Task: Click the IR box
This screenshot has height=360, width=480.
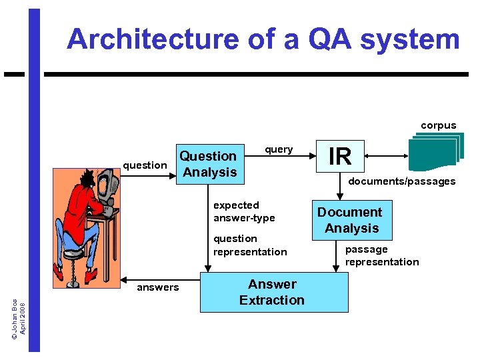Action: [x=340, y=156]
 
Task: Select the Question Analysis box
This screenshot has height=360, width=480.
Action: [x=209, y=164]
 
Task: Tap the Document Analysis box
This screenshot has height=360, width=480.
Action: [x=351, y=220]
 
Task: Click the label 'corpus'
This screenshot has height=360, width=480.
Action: [x=438, y=125]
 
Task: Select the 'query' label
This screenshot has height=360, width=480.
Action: [x=279, y=149]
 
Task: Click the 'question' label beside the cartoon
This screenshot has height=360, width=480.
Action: [x=145, y=165]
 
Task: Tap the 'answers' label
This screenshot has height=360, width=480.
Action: [x=157, y=287]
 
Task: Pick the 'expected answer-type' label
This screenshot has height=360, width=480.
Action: [x=243, y=211]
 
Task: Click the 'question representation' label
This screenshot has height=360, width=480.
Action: [x=249, y=245]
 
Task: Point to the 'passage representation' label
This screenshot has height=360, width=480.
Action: [x=381, y=255]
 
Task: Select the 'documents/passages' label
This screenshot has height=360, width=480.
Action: [x=401, y=181]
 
